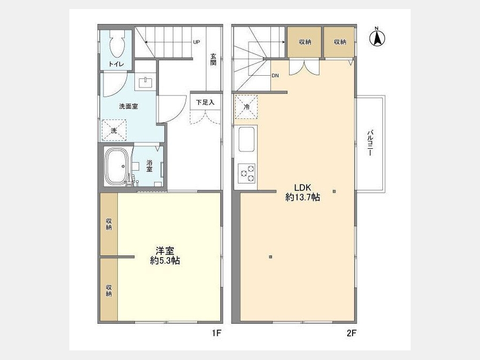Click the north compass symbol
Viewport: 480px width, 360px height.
coord(377,37)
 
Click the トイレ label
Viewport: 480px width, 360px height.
coord(116,65)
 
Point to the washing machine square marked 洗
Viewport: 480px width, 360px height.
coord(114,131)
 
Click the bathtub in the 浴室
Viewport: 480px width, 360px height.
coord(117,166)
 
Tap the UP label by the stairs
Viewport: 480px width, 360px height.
coord(196,42)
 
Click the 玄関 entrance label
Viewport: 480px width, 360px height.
coord(213,59)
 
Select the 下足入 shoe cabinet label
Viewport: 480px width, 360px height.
coord(205,102)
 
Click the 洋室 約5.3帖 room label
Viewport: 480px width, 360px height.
coord(165,255)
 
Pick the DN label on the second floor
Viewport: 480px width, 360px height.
coord(275,76)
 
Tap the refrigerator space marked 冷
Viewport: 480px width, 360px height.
coord(246,107)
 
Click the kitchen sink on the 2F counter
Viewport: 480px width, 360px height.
coord(246,139)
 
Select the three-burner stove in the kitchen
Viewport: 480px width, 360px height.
coord(247,173)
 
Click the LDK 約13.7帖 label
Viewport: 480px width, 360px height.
coord(303,193)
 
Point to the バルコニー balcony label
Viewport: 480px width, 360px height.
coord(370,143)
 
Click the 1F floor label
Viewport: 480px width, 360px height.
coord(217,333)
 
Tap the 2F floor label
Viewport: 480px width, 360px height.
coord(352,333)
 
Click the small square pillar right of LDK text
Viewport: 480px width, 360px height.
coord(334,191)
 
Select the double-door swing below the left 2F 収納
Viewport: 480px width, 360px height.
coord(305,67)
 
